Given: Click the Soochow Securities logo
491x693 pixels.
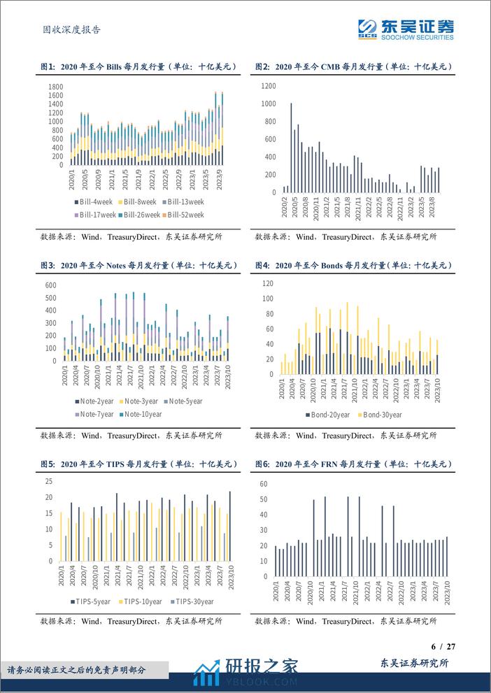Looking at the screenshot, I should point(405,28).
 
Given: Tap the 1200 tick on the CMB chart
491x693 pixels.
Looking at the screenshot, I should point(268,86).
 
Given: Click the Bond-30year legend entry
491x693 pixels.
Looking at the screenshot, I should point(382,415).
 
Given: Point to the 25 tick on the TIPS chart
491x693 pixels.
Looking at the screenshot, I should point(50,481).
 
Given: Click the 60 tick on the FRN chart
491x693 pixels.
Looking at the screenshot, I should point(264,483).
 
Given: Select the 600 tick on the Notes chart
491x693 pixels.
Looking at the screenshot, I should point(50,285).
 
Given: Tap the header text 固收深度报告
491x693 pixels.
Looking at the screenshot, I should point(67,29).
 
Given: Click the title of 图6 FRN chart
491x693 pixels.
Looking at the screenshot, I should point(353,464).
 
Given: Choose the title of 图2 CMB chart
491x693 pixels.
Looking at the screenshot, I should point(353,66).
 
